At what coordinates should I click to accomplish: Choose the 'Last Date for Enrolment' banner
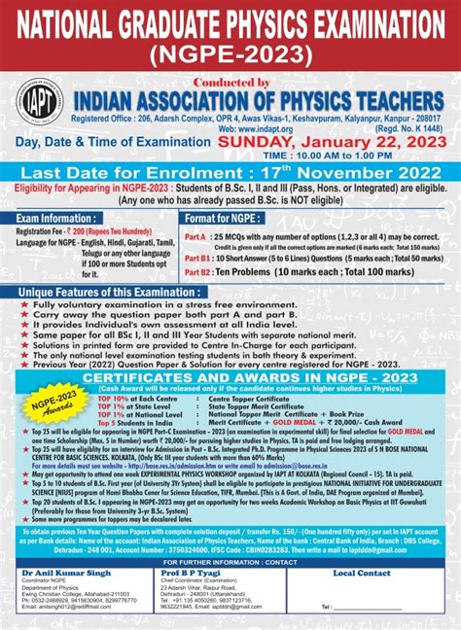coord(230,170)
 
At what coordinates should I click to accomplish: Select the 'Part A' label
coord(195,236)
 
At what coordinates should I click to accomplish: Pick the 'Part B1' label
coord(196,260)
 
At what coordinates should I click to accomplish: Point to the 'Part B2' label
coord(196,274)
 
